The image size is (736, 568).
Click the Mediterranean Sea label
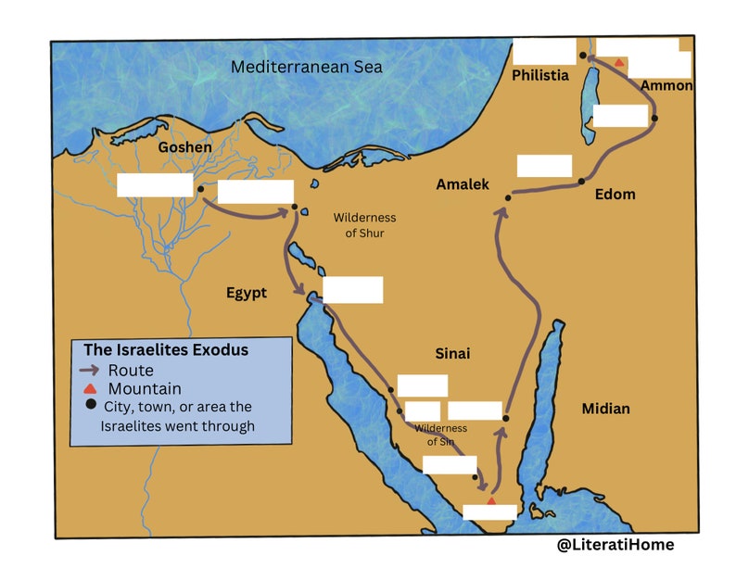point(306,67)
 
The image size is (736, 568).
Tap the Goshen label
point(184,147)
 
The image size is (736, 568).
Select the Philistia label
point(540,76)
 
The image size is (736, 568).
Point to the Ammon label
point(666,85)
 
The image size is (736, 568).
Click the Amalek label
point(463,185)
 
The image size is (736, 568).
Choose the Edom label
point(615,194)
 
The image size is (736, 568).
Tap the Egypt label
point(247,293)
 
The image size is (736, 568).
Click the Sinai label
point(453,354)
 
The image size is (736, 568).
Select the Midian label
point(605,409)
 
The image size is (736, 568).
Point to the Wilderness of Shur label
point(364,225)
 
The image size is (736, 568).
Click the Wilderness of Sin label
point(441,435)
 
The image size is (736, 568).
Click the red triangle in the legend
point(90,389)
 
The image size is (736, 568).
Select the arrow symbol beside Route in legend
point(90,371)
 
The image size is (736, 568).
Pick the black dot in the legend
point(90,406)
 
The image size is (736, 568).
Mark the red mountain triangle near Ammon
point(618,61)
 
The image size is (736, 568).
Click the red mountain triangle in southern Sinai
point(491,500)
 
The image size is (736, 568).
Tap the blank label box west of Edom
point(544,166)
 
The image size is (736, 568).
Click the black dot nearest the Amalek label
point(508,197)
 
